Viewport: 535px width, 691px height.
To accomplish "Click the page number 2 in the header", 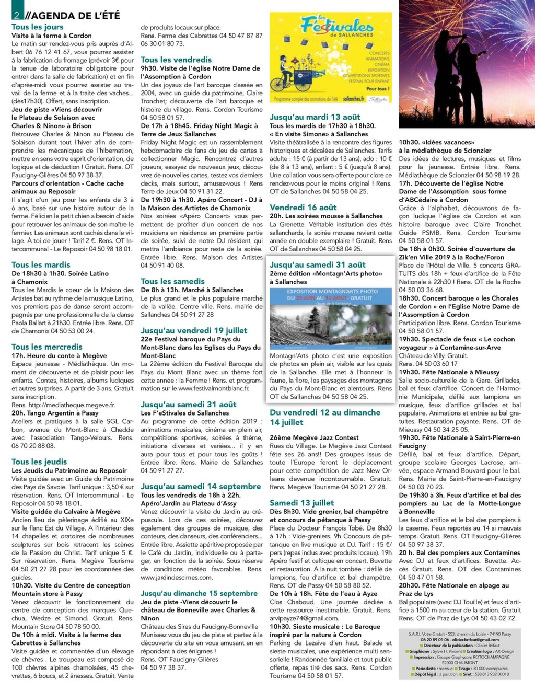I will [x=17, y=15].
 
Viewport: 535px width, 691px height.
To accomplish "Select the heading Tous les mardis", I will [x=41, y=264].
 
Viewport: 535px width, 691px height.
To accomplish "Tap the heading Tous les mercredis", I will [x=47, y=347].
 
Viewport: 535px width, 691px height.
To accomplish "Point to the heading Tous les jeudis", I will [x=39, y=462].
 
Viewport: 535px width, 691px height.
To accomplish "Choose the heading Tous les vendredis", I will [x=176, y=60].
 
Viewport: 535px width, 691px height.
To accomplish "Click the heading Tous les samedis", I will [x=172, y=281].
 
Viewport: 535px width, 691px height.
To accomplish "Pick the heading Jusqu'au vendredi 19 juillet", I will [x=194, y=330].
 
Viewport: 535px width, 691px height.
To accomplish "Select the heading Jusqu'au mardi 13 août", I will [x=315, y=117].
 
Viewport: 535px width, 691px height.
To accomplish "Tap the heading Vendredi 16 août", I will [x=303, y=207].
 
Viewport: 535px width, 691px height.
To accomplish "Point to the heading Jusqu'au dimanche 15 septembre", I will [x=199, y=593].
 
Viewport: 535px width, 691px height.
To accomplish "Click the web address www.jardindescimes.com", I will [x=177, y=577].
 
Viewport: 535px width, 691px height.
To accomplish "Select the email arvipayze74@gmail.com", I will [x=304, y=618].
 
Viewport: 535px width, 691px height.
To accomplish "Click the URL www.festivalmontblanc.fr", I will [x=214, y=388].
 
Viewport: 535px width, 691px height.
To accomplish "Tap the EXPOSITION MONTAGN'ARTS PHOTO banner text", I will [x=332, y=291].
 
